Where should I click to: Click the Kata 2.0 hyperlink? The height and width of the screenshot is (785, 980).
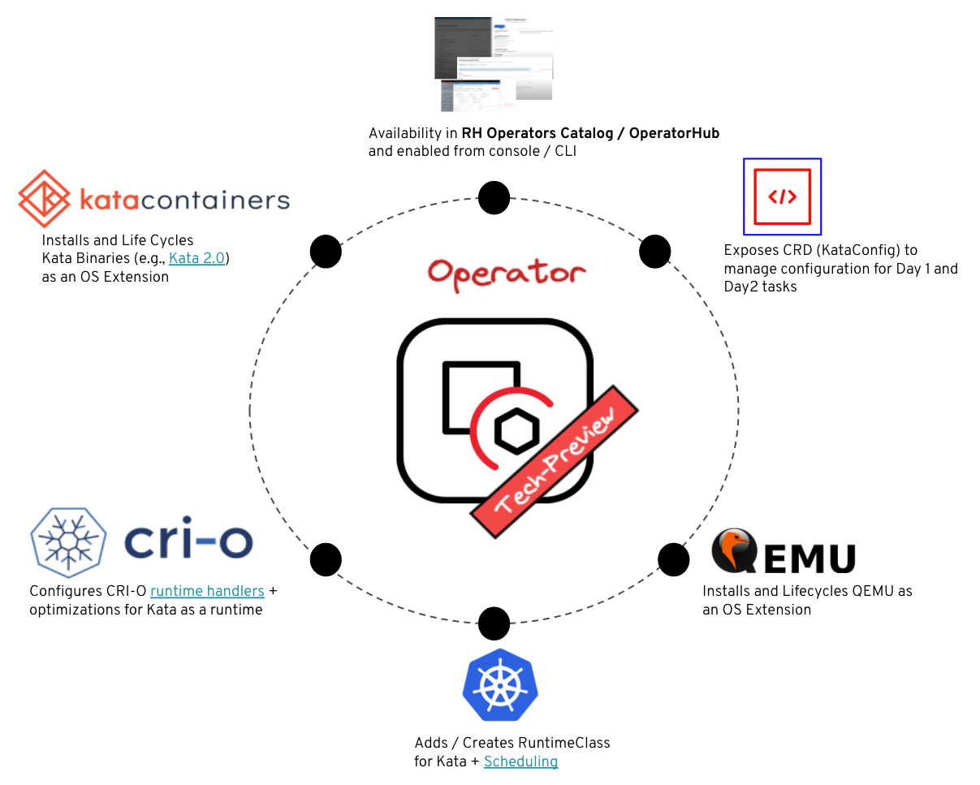199,259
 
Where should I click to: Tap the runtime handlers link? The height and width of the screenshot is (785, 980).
207,591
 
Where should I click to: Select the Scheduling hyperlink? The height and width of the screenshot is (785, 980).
520,761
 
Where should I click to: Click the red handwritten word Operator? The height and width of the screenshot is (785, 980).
507,274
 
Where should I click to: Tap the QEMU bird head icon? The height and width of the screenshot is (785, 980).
732,551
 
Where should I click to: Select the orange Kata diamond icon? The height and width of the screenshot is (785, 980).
45,198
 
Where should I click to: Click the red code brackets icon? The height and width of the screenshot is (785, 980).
782,196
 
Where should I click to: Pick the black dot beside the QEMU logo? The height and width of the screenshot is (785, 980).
673,559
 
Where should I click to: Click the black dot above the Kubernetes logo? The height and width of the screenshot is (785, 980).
494,623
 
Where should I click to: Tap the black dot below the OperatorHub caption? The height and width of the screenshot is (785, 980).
494,197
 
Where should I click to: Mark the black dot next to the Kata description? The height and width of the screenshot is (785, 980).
326,252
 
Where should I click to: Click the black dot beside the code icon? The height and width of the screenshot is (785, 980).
654,252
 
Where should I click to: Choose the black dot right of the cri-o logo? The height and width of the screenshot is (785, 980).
326,559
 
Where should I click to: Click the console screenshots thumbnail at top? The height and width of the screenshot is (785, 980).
494,63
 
